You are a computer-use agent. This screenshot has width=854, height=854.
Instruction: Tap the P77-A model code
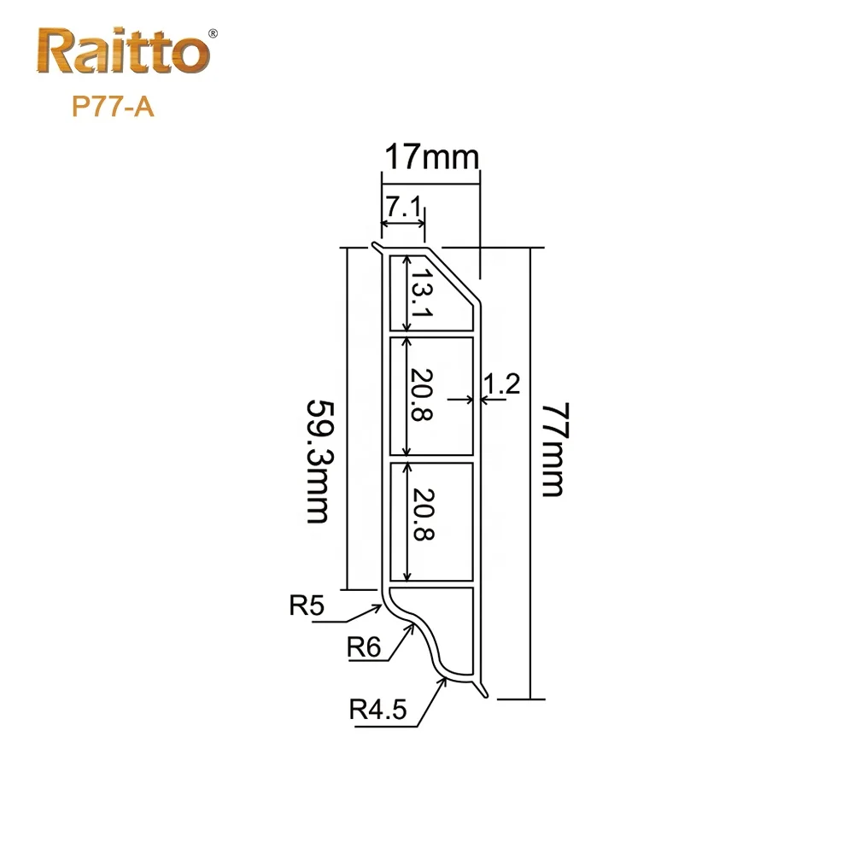114,106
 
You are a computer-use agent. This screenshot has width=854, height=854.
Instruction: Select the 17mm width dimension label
432,157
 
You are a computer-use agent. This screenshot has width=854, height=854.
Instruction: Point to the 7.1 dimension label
404,207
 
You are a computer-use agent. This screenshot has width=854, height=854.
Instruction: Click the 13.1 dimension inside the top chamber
422,293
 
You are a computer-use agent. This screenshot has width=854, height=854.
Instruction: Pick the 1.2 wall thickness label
501,384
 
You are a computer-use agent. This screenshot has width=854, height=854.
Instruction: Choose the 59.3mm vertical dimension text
319,462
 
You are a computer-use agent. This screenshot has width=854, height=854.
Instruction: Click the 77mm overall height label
556,449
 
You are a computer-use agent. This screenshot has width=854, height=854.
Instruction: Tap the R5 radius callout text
307,605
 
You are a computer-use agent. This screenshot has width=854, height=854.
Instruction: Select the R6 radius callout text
364,647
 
